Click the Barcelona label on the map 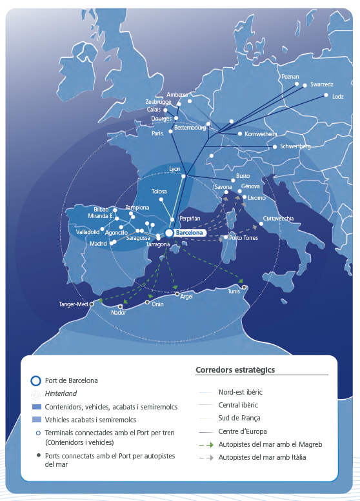coord(190,233)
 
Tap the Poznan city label coord(290,77)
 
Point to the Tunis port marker coord(244,287)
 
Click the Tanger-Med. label coord(73,304)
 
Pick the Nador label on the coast coord(119,313)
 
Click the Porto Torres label coord(244,238)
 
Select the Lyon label coord(175,168)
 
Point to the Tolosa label coord(159,192)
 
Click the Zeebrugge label coord(159,102)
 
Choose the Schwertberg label coord(295,147)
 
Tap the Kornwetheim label coord(261,134)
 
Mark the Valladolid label coord(88,231)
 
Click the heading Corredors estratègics coord(235,370)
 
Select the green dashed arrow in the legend coord(206,444)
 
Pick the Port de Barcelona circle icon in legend coord(37,380)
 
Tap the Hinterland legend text coord(61,393)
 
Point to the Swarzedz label coord(321,84)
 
